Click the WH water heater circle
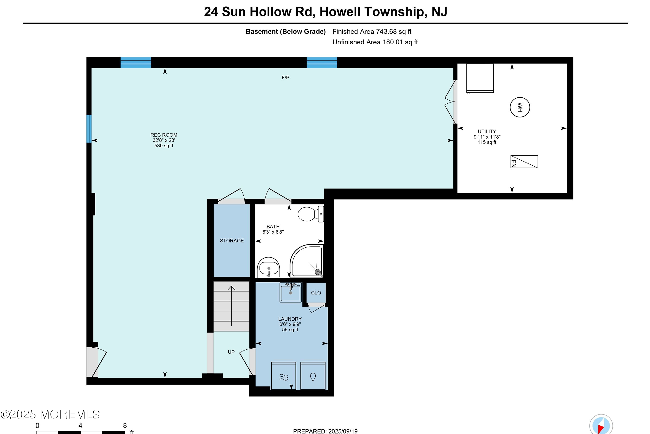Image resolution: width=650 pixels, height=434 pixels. pyautogui.click(x=520, y=107)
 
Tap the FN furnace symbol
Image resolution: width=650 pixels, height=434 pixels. pyautogui.click(x=524, y=162)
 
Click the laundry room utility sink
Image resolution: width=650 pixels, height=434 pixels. pyautogui.click(x=291, y=292)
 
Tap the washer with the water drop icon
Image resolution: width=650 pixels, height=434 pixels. pyautogui.click(x=313, y=376)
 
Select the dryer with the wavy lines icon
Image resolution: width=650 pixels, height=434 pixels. pyautogui.click(x=284, y=376)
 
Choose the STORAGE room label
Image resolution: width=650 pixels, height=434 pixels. pyautogui.click(x=232, y=241)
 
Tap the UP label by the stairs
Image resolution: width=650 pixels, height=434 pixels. pyautogui.click(x=231, y=352)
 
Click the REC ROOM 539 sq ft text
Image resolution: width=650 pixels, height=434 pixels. pyautogui.click(x=164, y=146)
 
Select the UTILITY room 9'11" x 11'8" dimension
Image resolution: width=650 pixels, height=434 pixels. pyautogui.click(x=487, y=137)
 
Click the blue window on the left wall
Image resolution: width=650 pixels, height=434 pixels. pyautogui.click(x=89, y=129)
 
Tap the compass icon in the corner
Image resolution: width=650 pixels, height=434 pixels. pyautogui.click(x=601, y=425)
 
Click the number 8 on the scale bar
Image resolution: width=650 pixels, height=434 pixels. pyautogui.click(x=125, y=425)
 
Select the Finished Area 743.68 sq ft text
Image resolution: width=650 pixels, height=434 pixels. pyautogui.click(x=372, y=32)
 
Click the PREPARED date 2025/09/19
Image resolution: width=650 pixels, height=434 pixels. pyautogui.click(x=325, y=431)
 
